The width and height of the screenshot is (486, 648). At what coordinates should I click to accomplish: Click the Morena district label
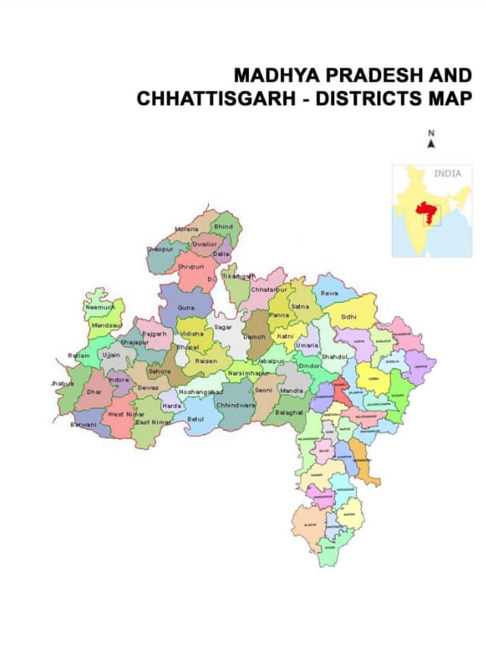[186, 229]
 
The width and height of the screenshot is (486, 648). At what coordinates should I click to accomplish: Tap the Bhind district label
[223, 226]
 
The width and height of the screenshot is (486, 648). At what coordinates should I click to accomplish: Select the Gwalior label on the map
[204, 244]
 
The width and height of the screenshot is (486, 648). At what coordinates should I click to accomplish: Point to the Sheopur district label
[160, 248]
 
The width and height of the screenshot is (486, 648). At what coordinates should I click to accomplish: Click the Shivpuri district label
[191, 267]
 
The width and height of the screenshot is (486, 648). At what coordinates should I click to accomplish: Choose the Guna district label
[186, 308]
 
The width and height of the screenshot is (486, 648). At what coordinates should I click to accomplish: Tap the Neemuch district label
[99, 308]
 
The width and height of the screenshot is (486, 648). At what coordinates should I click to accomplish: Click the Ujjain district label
[112, 355]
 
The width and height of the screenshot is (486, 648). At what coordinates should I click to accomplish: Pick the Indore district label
[118, 379]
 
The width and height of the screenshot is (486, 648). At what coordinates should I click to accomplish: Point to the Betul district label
[196, 419]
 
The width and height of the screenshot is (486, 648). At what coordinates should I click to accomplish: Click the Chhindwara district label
[235, 406]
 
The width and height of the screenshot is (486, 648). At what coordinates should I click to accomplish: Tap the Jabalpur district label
[271, 361]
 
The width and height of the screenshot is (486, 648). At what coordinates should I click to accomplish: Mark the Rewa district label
[329, 292]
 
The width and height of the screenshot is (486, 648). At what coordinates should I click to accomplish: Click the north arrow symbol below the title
[431, 144]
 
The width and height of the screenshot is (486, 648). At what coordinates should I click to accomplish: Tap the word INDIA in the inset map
[447, 174]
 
